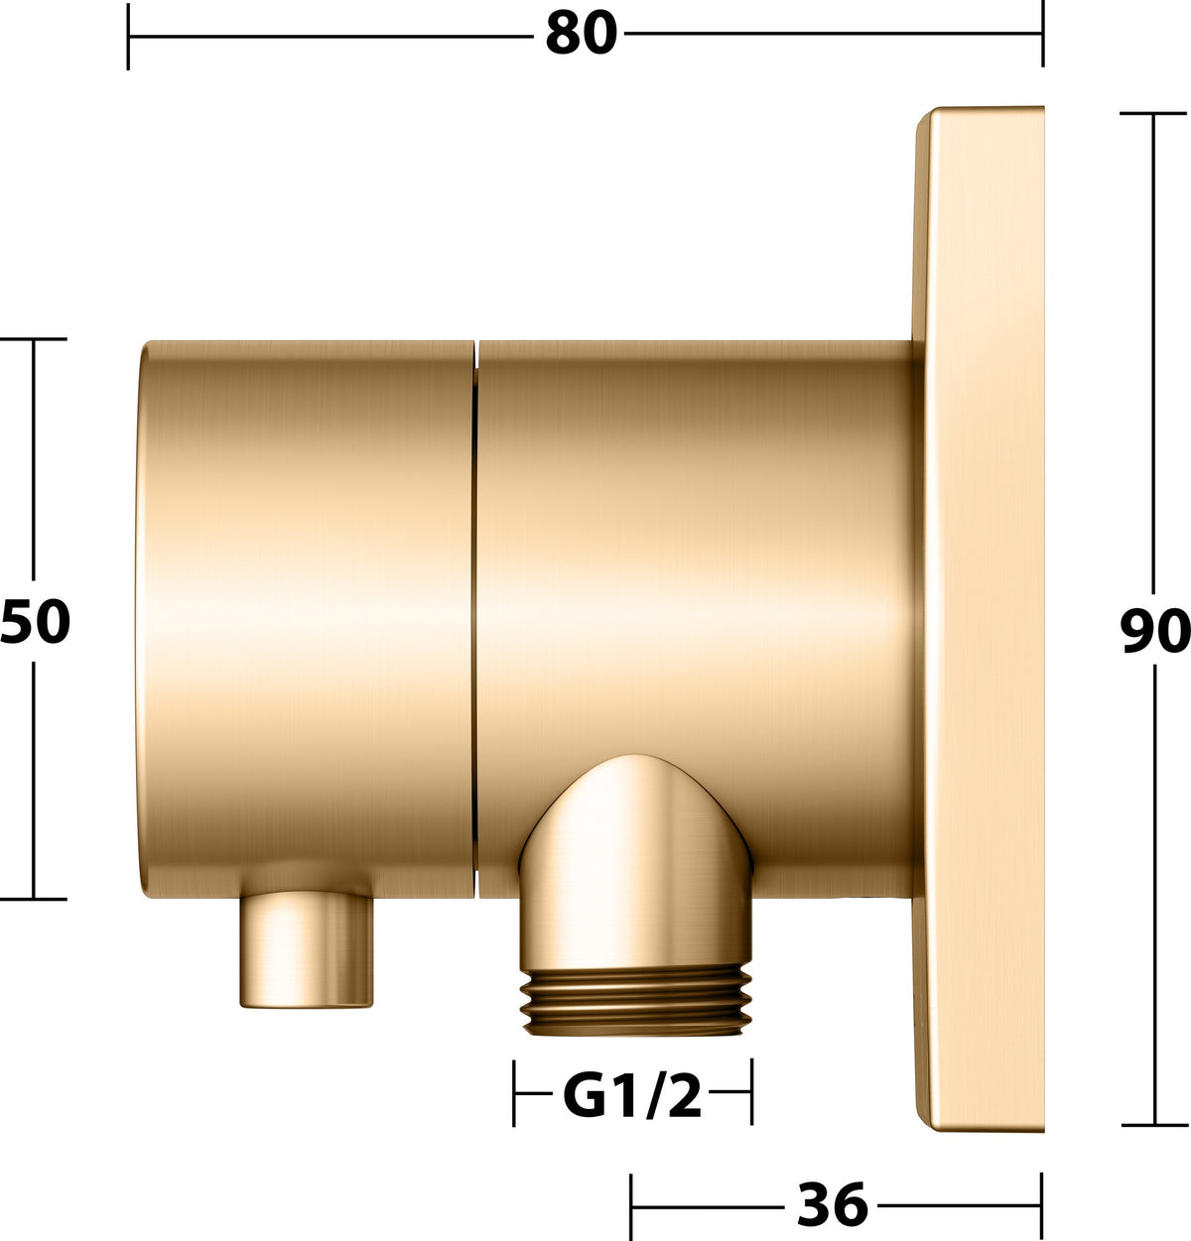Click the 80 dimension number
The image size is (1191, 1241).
click(582, 34)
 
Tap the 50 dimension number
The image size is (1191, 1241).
click(35, 622)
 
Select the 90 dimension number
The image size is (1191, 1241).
click(1155, 631)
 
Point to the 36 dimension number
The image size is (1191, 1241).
click(833, 1204)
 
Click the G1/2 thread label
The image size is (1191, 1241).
click(632, 1096)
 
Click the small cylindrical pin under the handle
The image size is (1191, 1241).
click(307, 950)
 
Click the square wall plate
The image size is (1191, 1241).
click(980, 619)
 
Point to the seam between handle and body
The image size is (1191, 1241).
click(475, 619)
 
